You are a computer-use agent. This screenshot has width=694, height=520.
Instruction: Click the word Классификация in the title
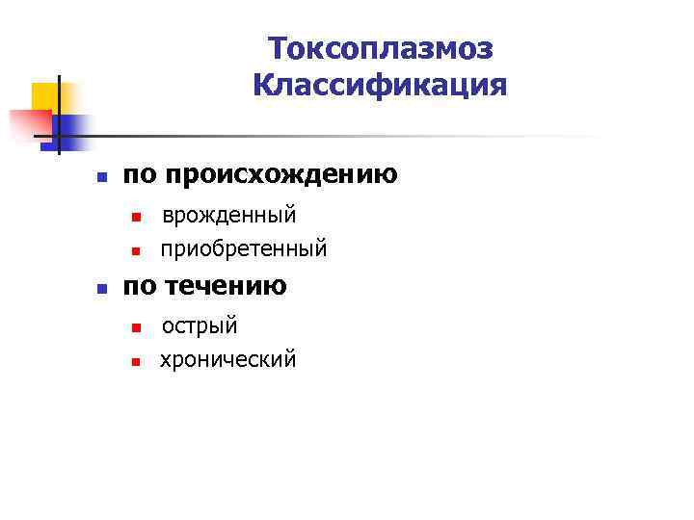tap(380, 86)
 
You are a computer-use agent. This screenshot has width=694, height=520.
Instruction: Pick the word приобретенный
tap(244, 249)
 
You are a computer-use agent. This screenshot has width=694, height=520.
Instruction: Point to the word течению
tap(226, 286)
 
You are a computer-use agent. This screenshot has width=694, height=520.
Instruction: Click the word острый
tap(200, 325)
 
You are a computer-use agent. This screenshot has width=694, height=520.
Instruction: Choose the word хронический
tap(228, 360)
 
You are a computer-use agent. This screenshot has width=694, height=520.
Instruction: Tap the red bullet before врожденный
tap(137, 217)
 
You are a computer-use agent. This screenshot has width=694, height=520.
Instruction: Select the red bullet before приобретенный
tap(137, 252)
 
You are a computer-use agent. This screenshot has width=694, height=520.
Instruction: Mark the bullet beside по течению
tap(100, 289)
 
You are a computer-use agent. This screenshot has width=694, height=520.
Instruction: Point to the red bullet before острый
tap(137, 328)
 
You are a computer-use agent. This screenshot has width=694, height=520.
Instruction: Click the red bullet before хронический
tap(137, 363)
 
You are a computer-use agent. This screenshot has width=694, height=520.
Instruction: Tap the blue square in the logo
tap(73, 127)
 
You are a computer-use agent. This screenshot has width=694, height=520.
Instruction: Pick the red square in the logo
tap(29, 125)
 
